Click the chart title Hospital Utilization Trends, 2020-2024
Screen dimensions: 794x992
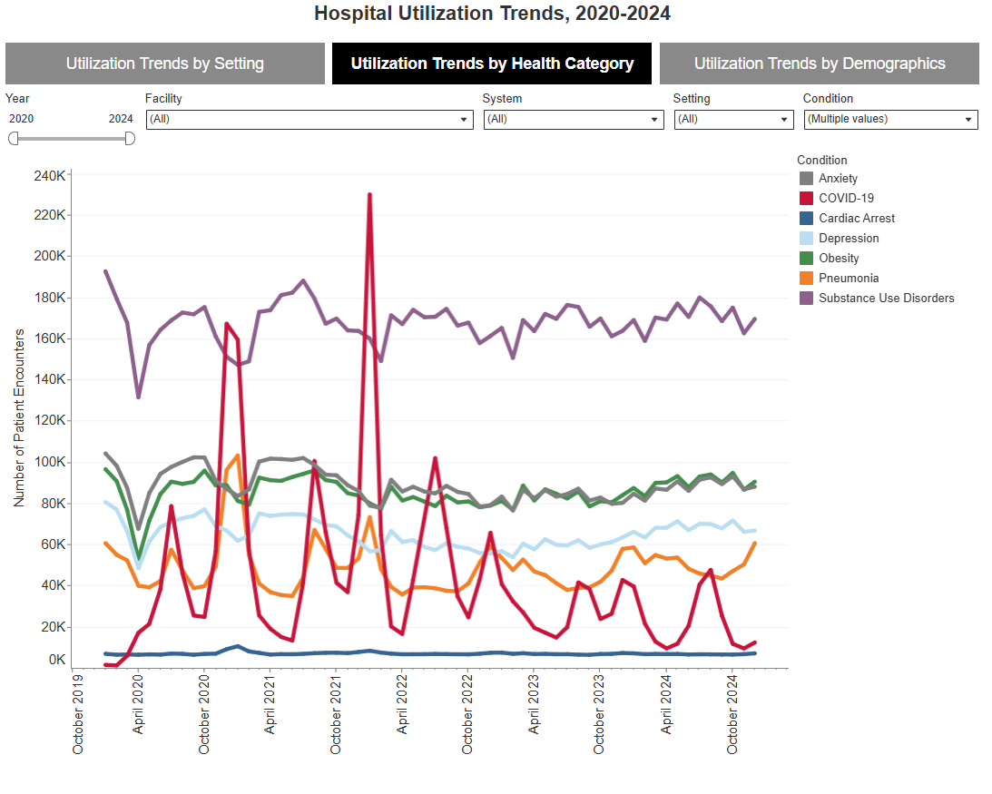[x=492, y=14]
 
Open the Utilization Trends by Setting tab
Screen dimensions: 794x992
[x=164, y=64]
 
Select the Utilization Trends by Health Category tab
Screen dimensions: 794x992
[x=492, y=64]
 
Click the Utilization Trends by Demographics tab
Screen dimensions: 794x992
[x=819, y=64]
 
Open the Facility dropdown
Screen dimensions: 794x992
[x=309, y=119]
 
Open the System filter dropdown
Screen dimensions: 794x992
[x=573, y=119]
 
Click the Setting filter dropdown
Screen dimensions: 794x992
[x=733, y=119]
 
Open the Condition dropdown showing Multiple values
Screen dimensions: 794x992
[x=890, y=119]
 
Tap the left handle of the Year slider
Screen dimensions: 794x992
[x=13, y=138]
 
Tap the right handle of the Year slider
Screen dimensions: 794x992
[x=130, y=138]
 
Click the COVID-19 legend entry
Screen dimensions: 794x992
[x=845, y=198]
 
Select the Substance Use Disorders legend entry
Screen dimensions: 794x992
[x=885, y=298]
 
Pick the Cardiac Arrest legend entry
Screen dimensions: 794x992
[x=856, y=218]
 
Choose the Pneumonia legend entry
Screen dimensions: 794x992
[x=848, y=278]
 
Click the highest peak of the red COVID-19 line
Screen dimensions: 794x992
[x=369, y=194]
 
